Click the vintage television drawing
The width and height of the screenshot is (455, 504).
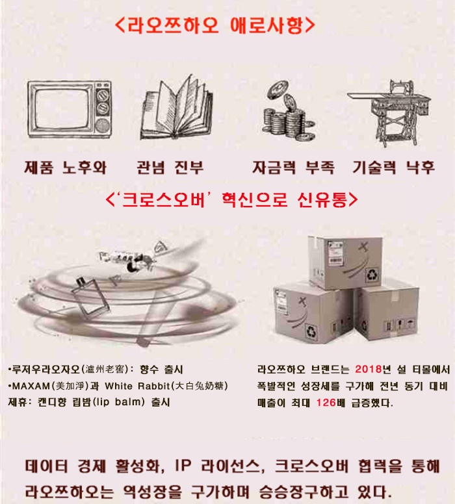(x=69, y=109)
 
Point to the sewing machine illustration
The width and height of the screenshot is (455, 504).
(x=389, y=112)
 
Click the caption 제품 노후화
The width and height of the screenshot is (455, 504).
(x=66, y=168)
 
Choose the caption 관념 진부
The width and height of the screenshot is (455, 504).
(x=170, y=168)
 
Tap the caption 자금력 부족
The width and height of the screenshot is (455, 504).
(x=293, y=168)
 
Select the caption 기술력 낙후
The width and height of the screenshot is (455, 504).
(x=394, y=168)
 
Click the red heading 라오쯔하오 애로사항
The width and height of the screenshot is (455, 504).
(x=215, y=25)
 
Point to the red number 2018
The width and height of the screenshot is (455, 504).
(x=369, y=369)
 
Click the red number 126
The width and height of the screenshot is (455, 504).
(x=326, y=403)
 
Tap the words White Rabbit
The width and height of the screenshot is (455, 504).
(x=137, y=386)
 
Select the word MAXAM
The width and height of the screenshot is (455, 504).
(x=31, y=386)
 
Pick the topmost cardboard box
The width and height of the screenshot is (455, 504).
(x=345, y=262)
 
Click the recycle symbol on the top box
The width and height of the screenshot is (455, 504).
(x=372, y=275)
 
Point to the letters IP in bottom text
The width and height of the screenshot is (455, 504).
(x=183, y=466)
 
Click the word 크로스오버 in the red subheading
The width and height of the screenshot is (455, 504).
(x=163, y=199)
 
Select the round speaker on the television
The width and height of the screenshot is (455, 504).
(x=102, y=126)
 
